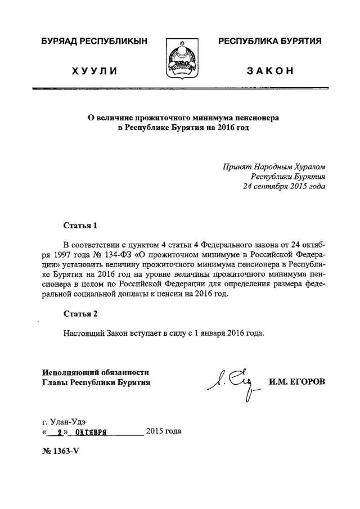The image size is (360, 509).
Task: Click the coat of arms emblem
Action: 181,58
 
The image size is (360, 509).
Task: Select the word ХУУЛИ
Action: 94,71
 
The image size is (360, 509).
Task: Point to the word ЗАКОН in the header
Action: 270,71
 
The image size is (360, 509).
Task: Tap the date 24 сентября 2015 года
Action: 283,186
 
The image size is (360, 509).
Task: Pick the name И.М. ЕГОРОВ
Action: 297,382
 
